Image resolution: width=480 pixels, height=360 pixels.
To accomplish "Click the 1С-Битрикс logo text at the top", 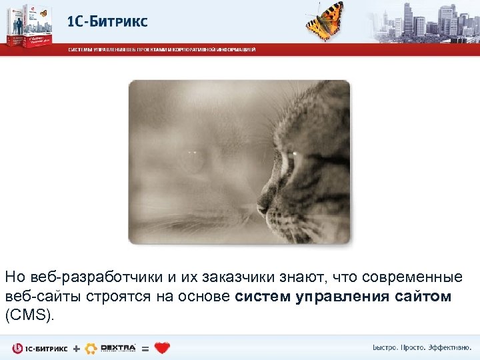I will coord(107,21).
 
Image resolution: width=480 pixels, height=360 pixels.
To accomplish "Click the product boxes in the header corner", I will coord(27,25).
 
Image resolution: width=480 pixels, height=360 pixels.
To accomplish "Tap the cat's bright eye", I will coord(293,155).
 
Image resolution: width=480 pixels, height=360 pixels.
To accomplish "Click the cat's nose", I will coord(263,210).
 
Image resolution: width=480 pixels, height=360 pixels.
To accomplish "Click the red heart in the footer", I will coord(162,348).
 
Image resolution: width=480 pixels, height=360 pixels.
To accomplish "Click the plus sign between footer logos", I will coord(75,349).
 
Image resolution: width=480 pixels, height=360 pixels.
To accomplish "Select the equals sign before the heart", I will coord(145,349).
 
